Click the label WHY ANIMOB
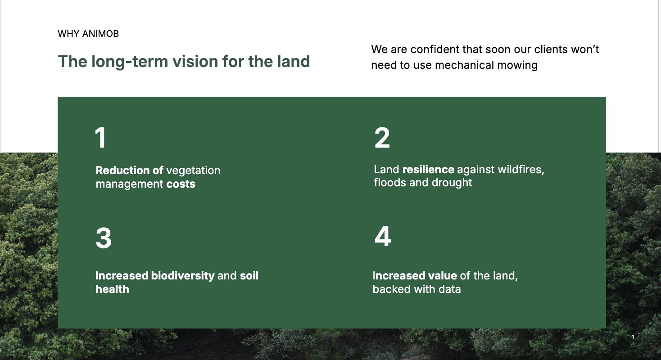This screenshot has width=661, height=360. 88,34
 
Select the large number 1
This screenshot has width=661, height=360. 100,137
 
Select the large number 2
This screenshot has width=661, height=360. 382,137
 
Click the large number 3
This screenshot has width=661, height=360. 104,238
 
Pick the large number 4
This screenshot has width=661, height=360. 383,236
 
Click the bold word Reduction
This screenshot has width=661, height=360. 122,171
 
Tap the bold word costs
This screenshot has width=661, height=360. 181,184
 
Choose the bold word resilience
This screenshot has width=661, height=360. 428,170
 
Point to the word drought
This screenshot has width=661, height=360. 452,183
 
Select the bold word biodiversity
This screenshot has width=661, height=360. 183,276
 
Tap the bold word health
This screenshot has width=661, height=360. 112,289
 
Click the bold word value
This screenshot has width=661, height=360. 442,276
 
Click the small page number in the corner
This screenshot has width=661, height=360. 633,337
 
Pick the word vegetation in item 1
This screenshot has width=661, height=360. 193,171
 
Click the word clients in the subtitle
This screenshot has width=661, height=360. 551,49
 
